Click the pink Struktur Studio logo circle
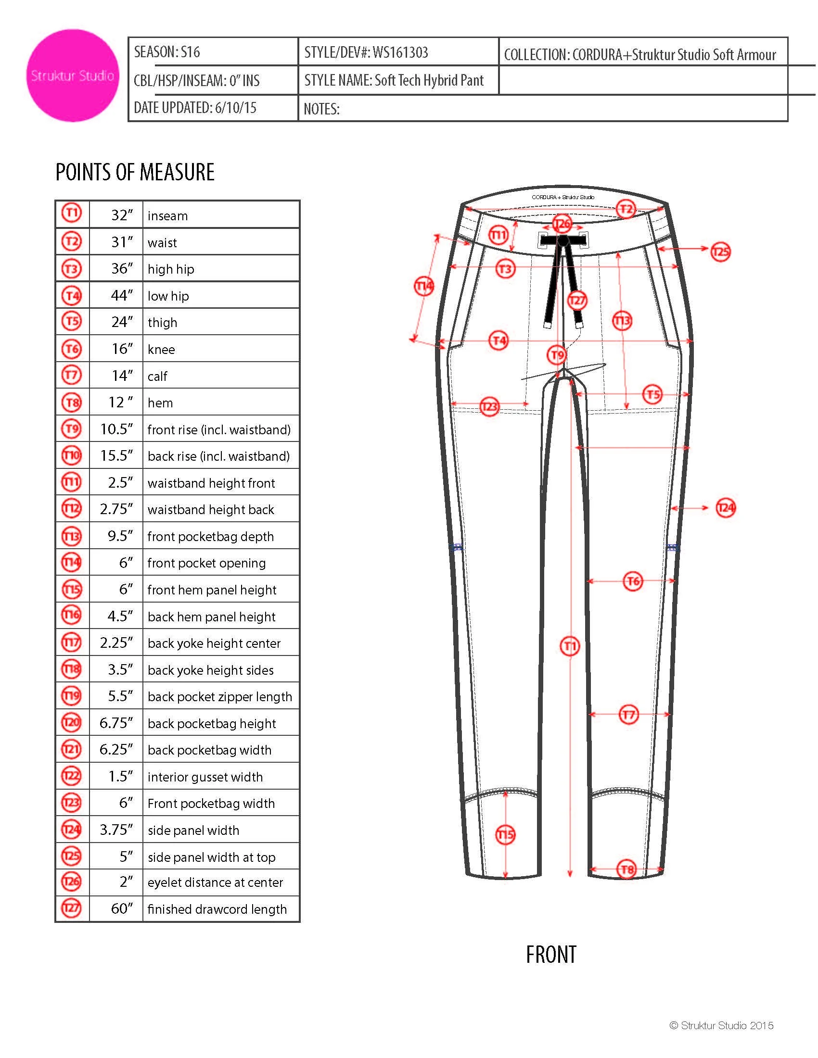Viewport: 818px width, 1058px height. coord(73,76)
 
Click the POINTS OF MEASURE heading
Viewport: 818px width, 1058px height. coord(135,173)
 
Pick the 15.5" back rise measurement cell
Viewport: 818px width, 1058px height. coord(116,456)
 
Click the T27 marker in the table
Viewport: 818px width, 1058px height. coord(71,908)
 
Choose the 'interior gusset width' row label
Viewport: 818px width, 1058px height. coord(205,777)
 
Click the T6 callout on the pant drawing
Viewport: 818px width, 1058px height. coord(632,581)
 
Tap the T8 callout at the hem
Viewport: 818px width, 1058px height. coord(627,869)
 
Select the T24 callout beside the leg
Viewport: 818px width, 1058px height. coord(726,508)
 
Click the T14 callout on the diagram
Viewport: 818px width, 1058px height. coord(424,286)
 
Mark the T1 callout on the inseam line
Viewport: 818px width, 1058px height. coord(569,646)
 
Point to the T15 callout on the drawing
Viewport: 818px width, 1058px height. coord(505,835)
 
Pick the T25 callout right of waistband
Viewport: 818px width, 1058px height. coord(721,252)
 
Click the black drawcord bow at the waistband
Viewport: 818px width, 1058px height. coord(562,240)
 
